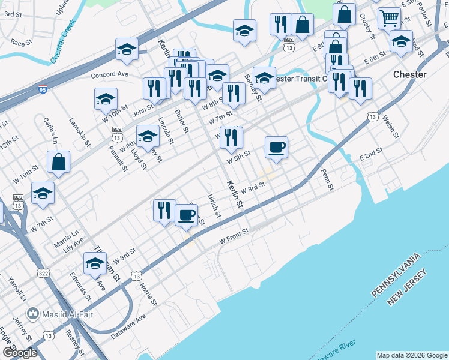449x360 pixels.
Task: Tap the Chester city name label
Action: click(409, 74)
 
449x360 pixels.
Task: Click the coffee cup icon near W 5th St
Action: click(277, 148)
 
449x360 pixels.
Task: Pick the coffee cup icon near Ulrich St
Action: click(187, 215)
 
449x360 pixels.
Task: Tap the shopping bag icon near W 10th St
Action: click(59, 162)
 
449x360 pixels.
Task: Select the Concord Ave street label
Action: click(110, 74)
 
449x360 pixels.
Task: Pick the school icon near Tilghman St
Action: click(95, 264)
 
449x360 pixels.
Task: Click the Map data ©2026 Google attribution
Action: click(411, 355)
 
